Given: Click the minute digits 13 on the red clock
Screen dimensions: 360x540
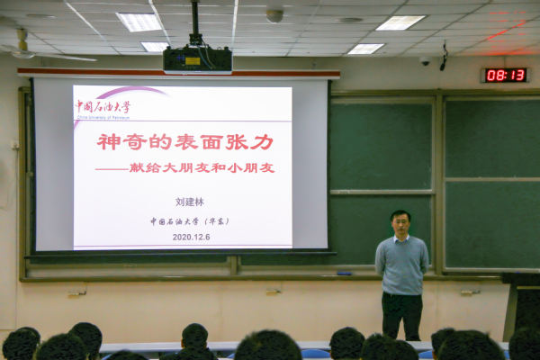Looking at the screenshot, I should tap(517, 75).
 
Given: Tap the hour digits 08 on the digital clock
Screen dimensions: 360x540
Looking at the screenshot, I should tap(496, 75).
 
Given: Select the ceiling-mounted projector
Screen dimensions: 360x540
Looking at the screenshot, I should tap(197, 60).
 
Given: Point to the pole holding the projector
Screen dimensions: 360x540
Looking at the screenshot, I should tap(194, 22).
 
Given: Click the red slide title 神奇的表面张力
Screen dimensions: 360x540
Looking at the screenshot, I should tap(185, 141).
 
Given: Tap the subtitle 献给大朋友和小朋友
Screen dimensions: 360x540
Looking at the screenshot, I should tap(198, 167).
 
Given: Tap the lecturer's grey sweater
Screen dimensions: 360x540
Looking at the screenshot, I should tap(401, 265).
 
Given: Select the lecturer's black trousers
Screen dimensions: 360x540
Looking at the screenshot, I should tap(401, 315).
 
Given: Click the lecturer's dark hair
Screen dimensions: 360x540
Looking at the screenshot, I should tap(400, 215).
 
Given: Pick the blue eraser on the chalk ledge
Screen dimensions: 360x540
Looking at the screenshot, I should tap(344, 272).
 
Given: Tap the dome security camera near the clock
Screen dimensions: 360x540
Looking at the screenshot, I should tap(425, 61).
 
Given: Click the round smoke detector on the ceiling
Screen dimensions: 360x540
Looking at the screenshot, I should tap(274, 15).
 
